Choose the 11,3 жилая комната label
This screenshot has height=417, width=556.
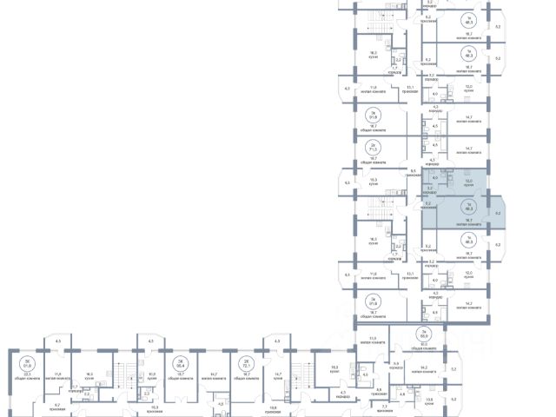pyautogui.click(x=374, y=339)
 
